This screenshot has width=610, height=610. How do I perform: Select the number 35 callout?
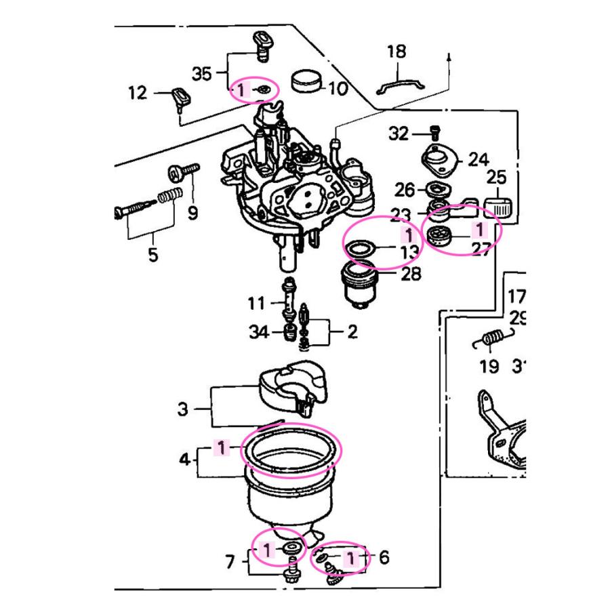pyautogui.click(x=202, y=73)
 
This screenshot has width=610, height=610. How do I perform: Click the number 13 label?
pyautogui.click(x=409, y=253)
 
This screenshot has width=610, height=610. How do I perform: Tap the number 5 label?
pyautogui.click(x=152, y=256)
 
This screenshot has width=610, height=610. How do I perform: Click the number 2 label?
pyautogui.click(x=352, y=332)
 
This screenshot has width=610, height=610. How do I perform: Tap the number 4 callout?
pyautogui.click(x=185, y=460)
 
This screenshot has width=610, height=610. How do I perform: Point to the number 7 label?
pyautogui.click(x=230, y=561)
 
